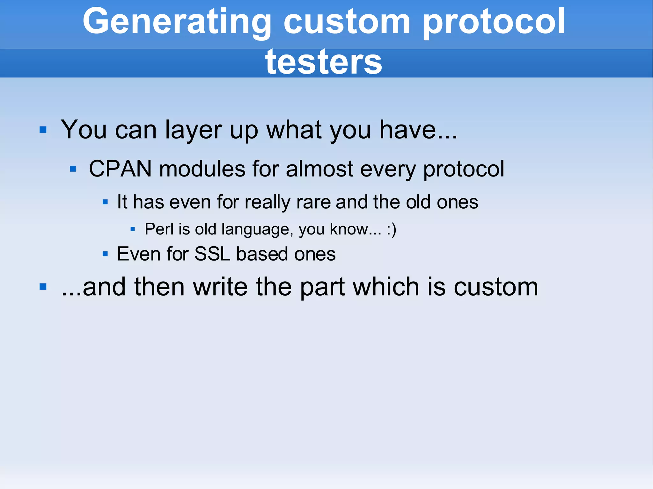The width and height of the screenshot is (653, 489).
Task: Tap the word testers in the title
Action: click(x=323, y=62)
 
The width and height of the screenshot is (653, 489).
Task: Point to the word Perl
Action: click(x=159, y=229)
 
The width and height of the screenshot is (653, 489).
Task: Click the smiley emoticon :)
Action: click(x=391, y=229)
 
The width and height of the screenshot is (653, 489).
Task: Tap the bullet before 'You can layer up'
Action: click(x=43, y=130)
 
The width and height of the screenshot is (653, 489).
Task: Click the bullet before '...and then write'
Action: click(x=43, y=287)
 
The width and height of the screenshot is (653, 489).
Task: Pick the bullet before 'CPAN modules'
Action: click(x=73, y=169)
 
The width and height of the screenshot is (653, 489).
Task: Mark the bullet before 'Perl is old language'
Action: click(x=133, y=229)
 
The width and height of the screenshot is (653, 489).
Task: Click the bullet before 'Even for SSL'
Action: click(x=105, y=254)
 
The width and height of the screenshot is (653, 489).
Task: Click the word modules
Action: click(x=202, y=169)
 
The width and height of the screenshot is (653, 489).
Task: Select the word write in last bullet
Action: click(x=220, y=287)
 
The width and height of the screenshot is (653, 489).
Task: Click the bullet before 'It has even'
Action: click(x=105, y=202)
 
